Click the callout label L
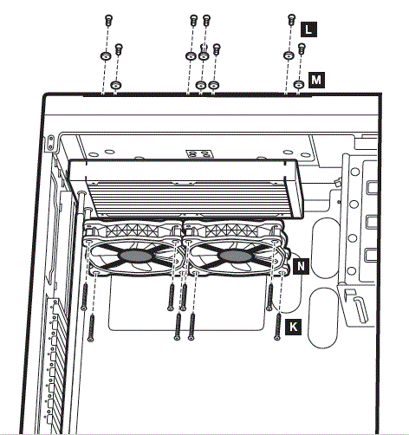coord(308,29)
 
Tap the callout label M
coord(316,80)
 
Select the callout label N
coord(301,266)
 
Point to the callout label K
coord(293,328)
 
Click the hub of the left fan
coord(136,256)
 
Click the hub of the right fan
coord(236,256)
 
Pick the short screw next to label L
coord(292,20)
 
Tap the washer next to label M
coord(299,85)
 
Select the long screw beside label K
coord(278,327)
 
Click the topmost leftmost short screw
coord(108,20)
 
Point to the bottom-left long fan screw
coord(92,328)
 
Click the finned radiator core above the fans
coord(191,199)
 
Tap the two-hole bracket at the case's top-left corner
coord(51,143)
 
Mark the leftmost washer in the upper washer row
coord(106,55)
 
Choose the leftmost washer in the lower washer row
coord(116,85)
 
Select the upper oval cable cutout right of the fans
coord(325,248)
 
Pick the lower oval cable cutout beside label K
coord(323,318)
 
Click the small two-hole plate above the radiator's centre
coord(199,153)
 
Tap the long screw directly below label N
coord(270,297)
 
